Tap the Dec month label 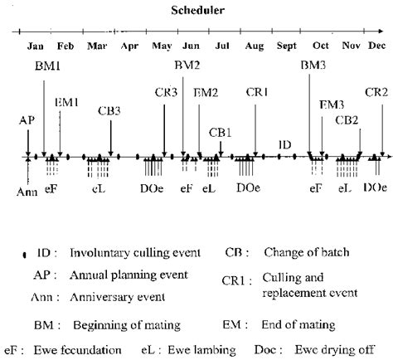377,47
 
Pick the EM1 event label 66,101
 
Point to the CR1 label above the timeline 258,92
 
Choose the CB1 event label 220,131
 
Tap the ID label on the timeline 284,144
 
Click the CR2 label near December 376,92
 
